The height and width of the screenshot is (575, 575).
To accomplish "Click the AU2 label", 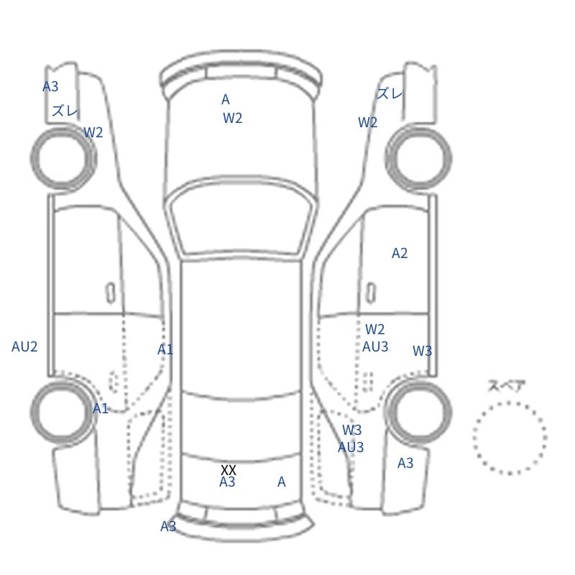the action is tap(24, 346).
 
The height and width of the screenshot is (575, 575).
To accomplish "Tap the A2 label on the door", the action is tap(400, 253).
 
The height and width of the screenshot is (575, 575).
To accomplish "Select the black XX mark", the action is tap(228, 470).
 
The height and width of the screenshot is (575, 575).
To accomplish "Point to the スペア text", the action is tap(501, 386).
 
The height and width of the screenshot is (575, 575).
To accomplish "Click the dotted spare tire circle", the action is tap(474, 438).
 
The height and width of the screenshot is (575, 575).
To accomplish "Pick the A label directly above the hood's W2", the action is tap(226, 99).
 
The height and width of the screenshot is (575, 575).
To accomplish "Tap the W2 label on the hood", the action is tap(232, 118).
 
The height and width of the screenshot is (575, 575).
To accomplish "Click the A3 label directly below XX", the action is tap(227, 482).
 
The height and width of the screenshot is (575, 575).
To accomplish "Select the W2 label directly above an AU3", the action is tap(374, 329).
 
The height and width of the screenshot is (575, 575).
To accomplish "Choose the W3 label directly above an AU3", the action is tap(351, 430).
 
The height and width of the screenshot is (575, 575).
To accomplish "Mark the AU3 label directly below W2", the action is tap(375, 346).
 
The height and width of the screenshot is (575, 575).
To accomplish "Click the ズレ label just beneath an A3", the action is tap(65, 111).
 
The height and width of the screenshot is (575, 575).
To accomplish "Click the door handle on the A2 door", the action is tap(371, 293).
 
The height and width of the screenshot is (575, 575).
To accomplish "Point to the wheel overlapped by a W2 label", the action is tap(63, 158).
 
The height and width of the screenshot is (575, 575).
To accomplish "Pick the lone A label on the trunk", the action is tap(281, 482).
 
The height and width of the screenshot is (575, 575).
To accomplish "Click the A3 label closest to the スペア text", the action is tap(405, 463).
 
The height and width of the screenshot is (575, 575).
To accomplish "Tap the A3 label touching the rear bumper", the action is tap(168, 527).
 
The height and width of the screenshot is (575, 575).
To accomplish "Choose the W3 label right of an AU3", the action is tap(422, 351).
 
